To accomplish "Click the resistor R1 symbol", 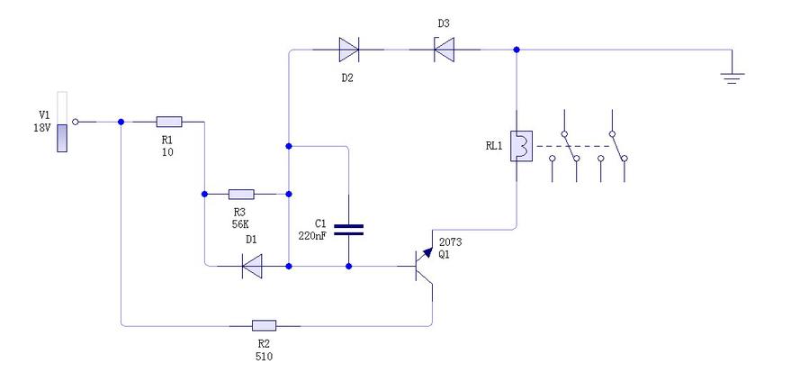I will (169, 122).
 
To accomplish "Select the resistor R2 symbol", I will (264, 324).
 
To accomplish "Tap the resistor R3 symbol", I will (241, 194).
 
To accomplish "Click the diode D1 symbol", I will (252, 266).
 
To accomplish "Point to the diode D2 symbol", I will (348, 50).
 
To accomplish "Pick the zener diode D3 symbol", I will (443, 50).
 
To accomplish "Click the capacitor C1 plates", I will (348, 229).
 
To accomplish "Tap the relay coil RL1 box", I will (518, 146).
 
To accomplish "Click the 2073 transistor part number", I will (450, 242).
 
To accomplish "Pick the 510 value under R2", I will (264, 356).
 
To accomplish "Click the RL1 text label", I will (493, 145).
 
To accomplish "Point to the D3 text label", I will (443, 23).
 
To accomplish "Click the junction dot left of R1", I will (121, 122).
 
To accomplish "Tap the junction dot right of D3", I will (516, 50).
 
